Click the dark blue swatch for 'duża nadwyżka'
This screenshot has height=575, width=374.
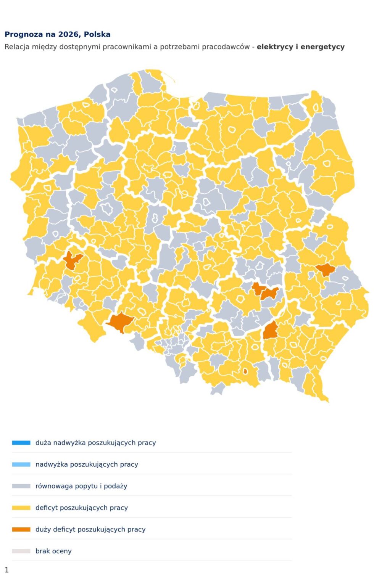[21, 443]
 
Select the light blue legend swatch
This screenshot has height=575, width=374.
[21, 464]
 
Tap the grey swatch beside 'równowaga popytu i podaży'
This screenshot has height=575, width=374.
[21, 486]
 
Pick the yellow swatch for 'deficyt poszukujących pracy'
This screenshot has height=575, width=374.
[21, 508]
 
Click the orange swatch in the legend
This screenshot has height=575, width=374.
[21, 529]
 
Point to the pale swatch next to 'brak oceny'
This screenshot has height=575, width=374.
[21, 551]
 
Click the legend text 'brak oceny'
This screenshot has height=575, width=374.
[53, 551]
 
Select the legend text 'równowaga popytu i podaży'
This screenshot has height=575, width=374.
[81, 486]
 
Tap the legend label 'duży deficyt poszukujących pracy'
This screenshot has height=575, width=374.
[90, 529]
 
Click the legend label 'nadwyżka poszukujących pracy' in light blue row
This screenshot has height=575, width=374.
[87, 464]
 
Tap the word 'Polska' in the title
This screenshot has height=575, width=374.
[97, 34]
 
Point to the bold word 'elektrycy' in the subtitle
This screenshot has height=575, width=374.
[275, 47]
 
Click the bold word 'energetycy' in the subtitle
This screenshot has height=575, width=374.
[322, 47]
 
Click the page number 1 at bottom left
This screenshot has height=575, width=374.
[6, 570]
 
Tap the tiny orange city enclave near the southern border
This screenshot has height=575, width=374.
[245, 371]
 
